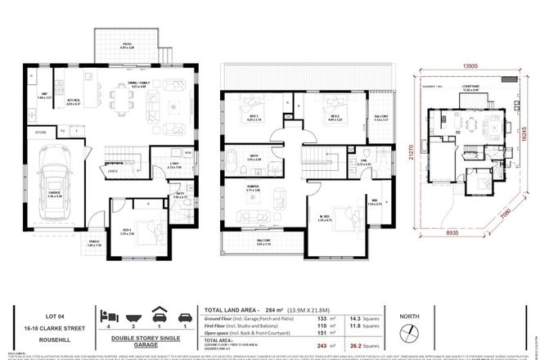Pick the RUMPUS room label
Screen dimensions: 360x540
242,186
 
